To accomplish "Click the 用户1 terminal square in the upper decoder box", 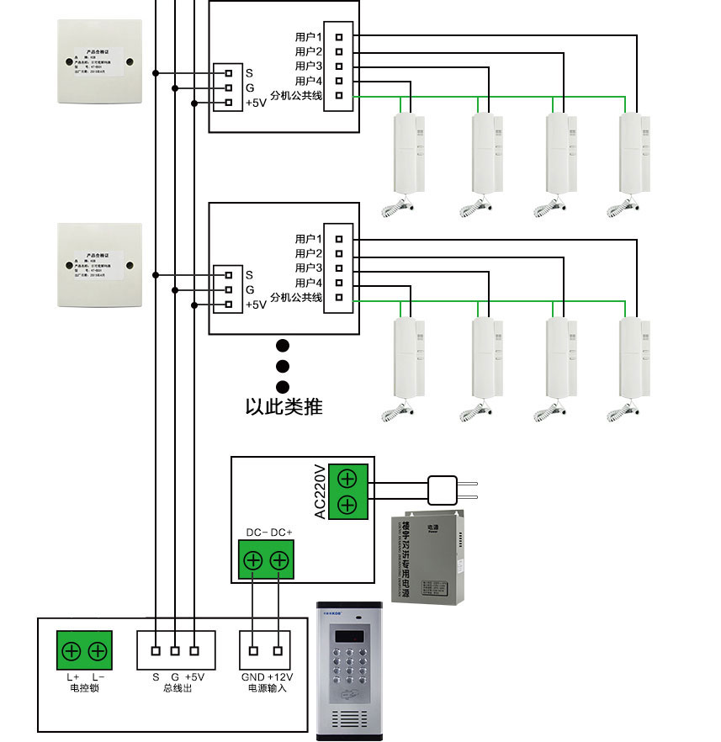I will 339,36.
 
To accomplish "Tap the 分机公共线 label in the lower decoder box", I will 295,298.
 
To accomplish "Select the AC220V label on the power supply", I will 320,492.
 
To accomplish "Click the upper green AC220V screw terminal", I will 347,478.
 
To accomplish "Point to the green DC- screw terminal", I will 252,561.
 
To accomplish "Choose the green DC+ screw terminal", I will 279,561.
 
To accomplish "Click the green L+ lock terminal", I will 72,650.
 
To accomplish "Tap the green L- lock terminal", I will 98,650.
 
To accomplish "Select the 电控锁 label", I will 85,688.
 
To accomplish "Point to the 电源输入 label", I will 267,688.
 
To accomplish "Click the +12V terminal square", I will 278,650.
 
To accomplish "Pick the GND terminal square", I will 253,650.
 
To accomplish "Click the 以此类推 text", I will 284,407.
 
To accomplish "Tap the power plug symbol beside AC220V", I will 443,490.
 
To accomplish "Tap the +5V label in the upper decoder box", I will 255,103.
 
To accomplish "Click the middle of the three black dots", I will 283,366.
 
